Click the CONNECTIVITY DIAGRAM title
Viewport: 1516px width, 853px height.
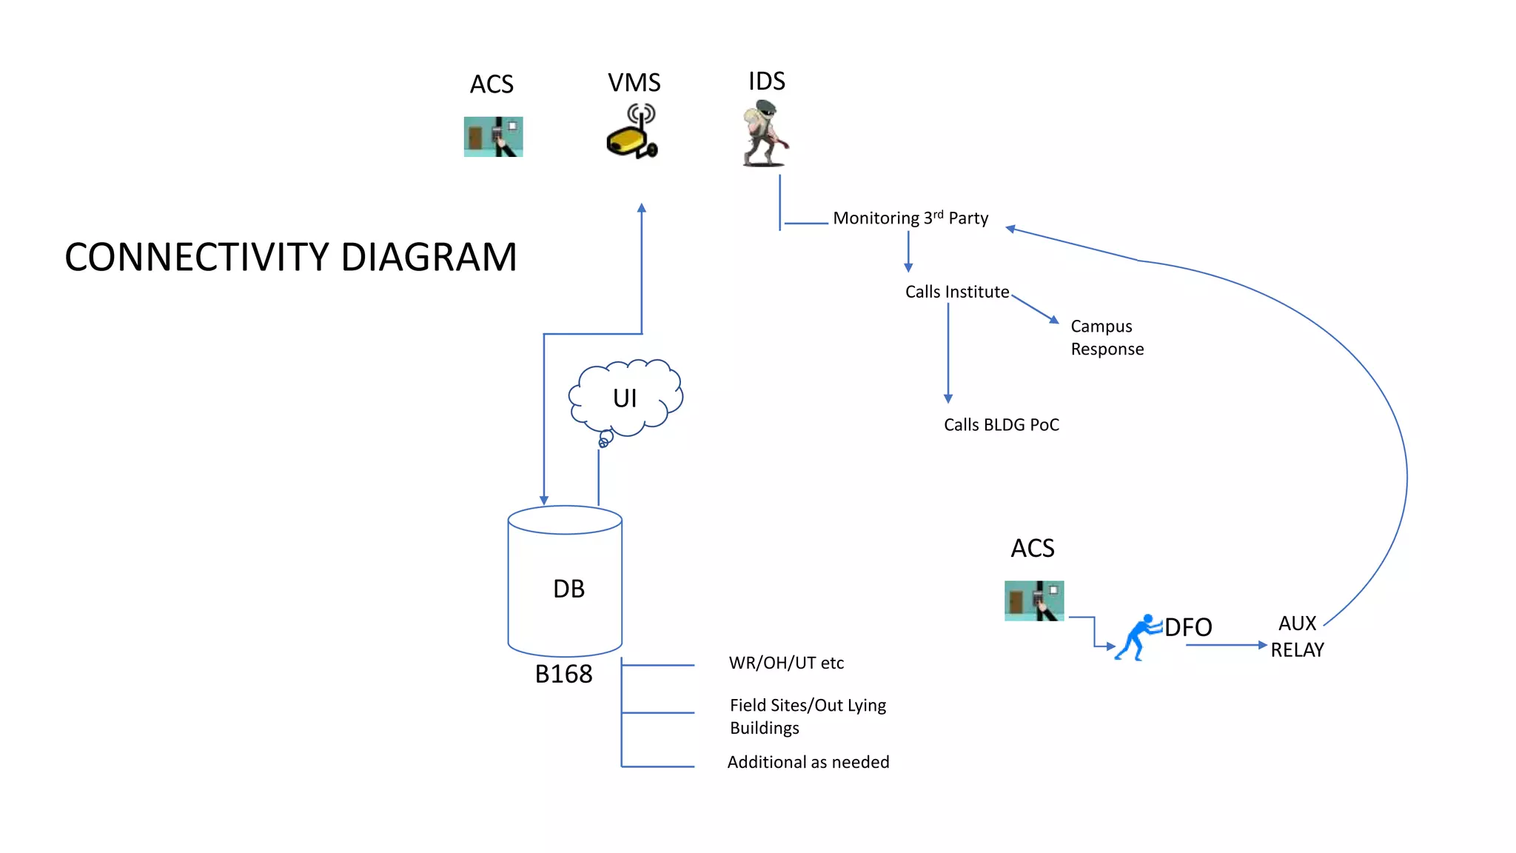(290, 257)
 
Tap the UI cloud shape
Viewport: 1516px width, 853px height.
(625, 398)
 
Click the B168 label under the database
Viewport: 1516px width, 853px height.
(563, 674)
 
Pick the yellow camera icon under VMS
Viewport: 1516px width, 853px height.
(632, 133)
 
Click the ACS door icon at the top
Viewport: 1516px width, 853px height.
(493, 137)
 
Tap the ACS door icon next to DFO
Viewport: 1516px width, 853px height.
(1034, 601)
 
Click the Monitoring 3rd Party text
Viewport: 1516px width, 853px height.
(910, 218)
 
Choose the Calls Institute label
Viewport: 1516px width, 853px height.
(957, 292)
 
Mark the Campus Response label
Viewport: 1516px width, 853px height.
(1107, 338)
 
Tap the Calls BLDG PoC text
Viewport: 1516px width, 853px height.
(1001, 425)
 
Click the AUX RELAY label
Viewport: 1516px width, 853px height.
(1297, 637)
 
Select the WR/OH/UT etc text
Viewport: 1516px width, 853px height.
(786, 663)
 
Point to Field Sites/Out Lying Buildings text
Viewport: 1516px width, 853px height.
(808, 716)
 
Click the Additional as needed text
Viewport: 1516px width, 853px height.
(808, 762)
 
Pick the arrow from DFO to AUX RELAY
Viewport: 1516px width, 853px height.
(1227, 646)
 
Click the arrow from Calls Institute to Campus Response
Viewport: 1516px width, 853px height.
(1036, 309)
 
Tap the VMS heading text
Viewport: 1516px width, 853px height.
(634, 82)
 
